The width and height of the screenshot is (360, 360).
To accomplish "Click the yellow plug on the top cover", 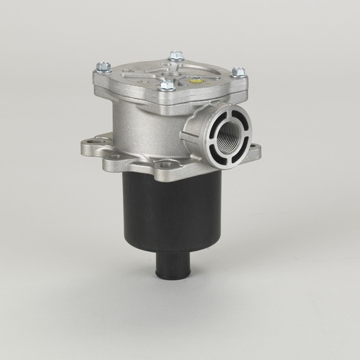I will pyautogui.click(x=196, y=80).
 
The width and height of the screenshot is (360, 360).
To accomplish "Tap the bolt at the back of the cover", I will pyautogui.click(x=176, y=55).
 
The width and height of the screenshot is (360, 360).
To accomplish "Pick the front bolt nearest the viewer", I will pyautogui.click(x=167, y=86).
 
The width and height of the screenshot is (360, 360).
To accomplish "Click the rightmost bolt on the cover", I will pyautogui.click(x=238, y=72).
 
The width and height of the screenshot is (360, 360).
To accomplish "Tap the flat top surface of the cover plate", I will pyautogui.click(x=141, y=77).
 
